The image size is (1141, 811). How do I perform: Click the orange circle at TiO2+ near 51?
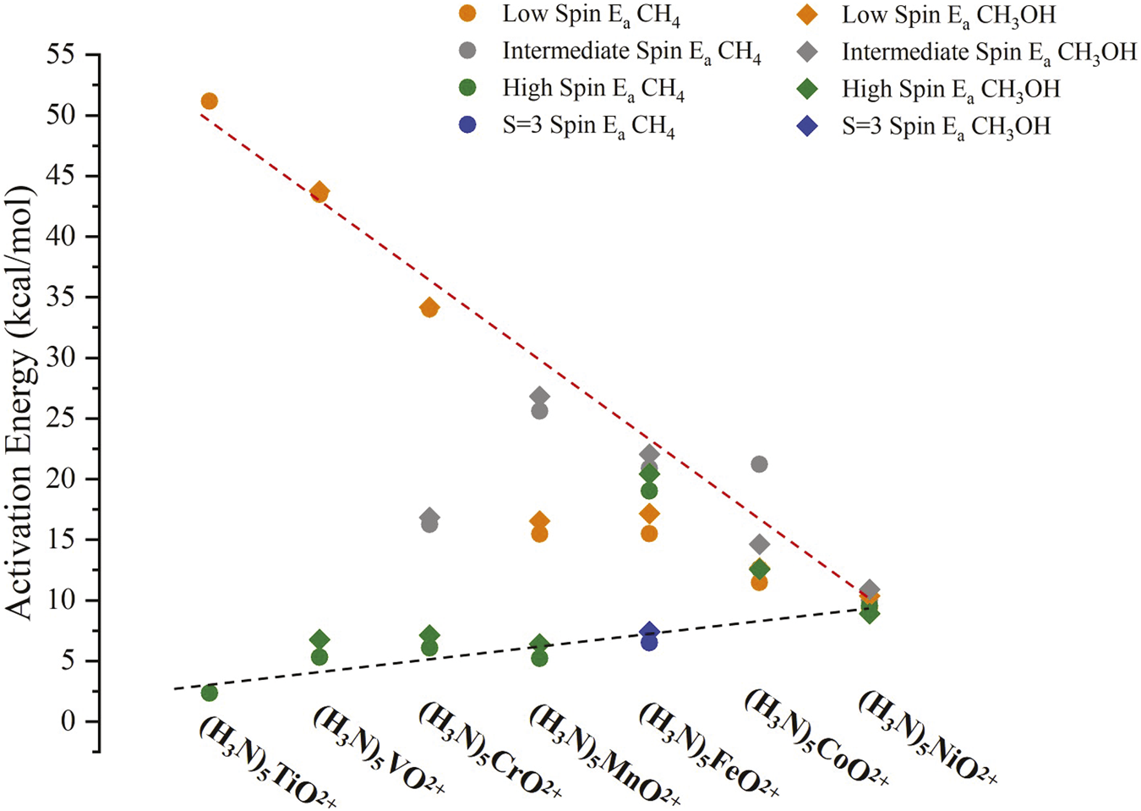[x=210, y=101]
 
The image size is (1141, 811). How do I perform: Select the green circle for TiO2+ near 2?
[x=210, y=693]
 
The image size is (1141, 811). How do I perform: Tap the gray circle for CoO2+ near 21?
[x=759, y=464]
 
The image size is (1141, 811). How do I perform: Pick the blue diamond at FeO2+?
[x=649, y=632]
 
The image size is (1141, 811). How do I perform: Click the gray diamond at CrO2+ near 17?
[x=429, y=517]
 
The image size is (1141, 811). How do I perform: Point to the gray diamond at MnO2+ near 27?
[x=539, y=397]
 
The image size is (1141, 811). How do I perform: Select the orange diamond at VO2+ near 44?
[x=319, y=190]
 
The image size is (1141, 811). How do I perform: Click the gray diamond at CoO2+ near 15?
[x=759, y=544]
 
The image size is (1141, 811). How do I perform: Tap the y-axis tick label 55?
[x=67, y=55]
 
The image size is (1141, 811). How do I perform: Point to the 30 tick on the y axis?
[x=67, y=358]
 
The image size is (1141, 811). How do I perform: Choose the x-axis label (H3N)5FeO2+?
[x=708, y=749]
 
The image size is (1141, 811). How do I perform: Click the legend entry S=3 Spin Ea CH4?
[x=588, y=126]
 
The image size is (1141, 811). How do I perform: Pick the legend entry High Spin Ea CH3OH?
[x=950, y=89]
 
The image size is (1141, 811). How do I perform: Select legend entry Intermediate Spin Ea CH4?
[x=631, y=52]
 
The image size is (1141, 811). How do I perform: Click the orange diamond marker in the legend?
[x=808, y=14]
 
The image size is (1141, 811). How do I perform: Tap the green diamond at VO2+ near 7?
[x=319, y=640]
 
